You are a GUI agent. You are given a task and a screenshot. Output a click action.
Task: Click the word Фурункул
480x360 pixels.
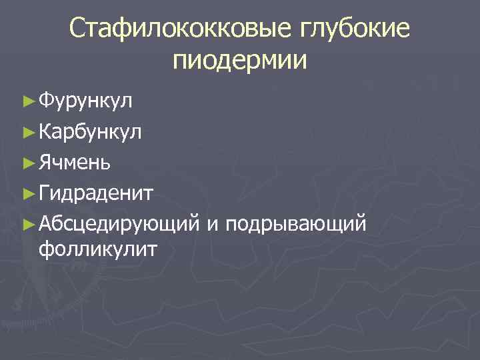86,102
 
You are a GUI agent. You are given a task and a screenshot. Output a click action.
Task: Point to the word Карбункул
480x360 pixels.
90,131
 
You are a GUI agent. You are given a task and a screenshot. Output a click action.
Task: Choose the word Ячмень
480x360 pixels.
75,162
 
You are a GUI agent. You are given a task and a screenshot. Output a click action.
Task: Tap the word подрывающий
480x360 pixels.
296,223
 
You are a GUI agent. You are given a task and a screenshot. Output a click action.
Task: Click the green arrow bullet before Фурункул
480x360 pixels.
27,102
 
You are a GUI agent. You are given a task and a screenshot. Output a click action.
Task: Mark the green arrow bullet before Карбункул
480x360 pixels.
27,132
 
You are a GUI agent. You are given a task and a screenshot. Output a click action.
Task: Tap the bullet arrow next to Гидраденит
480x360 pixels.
27,193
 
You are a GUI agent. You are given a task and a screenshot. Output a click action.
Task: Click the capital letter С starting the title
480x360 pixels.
78,29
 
